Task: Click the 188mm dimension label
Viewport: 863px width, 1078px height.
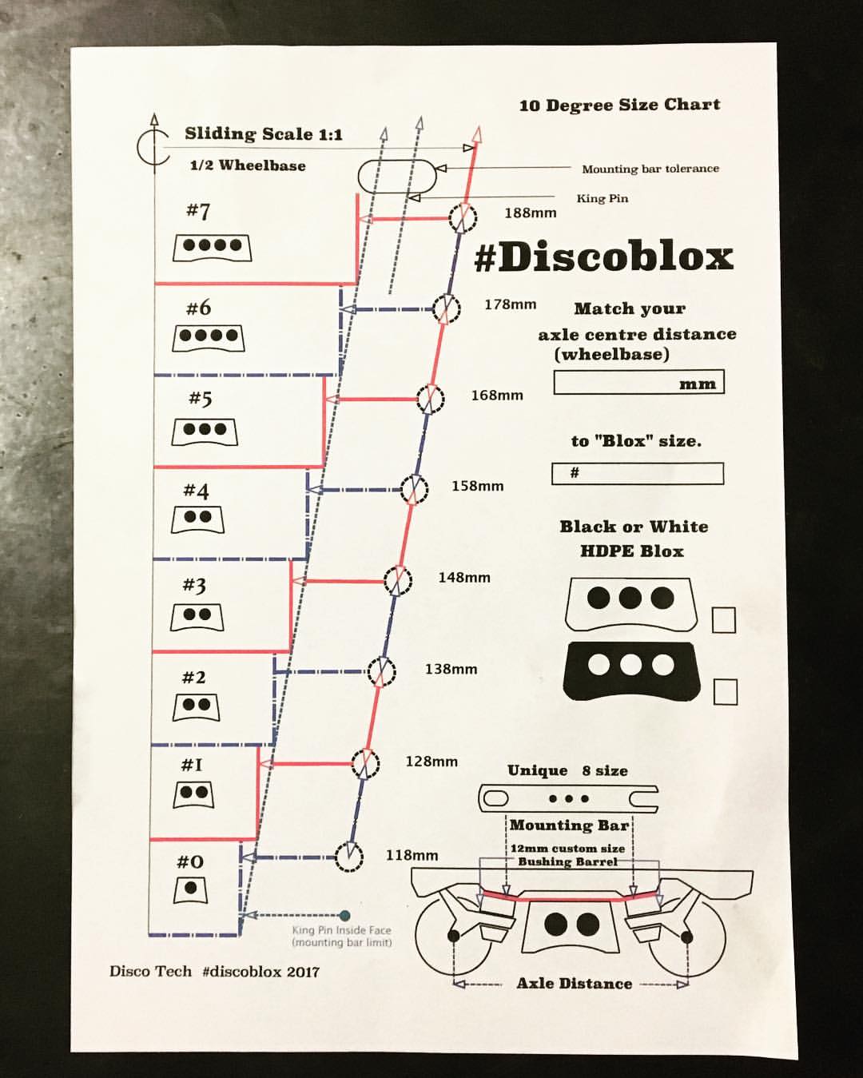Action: tap(530, 213)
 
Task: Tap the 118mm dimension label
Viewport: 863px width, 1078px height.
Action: tap(412, 855)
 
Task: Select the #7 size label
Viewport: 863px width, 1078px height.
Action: tap(198, 211)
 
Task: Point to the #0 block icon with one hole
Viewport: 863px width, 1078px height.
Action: tap(190, 889)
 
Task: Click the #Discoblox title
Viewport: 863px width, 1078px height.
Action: tap(603, 257)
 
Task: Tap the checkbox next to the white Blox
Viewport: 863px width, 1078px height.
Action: tap(723, 619)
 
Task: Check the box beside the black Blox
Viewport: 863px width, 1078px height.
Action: tap(725, 691)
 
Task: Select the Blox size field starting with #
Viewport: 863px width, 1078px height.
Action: tap(638, 473)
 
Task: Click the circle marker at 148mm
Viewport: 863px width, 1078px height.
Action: tap(397, 580)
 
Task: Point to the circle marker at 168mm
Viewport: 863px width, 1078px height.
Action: tap(430, 398)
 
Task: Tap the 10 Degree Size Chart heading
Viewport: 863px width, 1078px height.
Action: tap(619, 105)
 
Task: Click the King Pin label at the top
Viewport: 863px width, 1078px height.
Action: tap(602, 198)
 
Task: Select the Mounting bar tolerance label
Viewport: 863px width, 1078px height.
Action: tap(650, 169)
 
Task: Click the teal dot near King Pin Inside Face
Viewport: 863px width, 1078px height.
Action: tap(344, 916)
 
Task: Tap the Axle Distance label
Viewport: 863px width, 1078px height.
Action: tap(574, 984)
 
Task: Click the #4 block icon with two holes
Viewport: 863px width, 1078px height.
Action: tap(197, 519)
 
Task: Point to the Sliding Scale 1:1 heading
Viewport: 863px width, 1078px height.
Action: tap(263, 133)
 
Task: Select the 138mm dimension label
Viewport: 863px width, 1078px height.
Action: tap(451, 669)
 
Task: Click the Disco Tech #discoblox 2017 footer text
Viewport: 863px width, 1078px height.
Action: tap(214, 972)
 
